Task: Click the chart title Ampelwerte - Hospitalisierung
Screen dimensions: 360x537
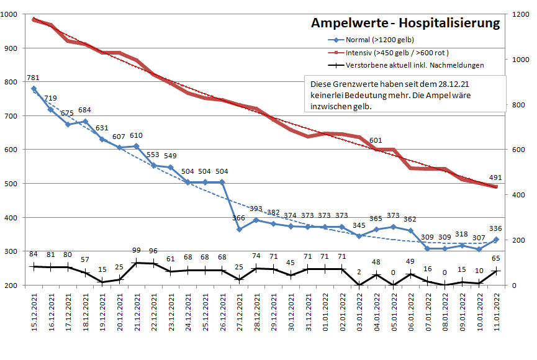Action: click(405, 24)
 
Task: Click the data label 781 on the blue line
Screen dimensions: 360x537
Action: click(34, 78)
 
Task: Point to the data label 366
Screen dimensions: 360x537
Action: click(239, 218)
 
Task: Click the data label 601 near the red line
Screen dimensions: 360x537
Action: click(376, 140)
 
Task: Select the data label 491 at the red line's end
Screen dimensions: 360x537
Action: click(495, 178)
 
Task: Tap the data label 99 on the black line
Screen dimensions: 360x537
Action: click(137, 250)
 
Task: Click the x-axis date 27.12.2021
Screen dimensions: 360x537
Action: click(240, 314)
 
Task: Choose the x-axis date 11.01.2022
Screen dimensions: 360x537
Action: click(496, 314)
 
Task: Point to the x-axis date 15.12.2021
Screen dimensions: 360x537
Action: click(34, 314)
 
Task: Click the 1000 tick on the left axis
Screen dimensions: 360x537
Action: click(14, 14)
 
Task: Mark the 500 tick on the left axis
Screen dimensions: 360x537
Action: click(16, 184)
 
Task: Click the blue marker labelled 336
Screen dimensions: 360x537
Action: click(495, 240)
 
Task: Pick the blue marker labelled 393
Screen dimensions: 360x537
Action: click(256, 220)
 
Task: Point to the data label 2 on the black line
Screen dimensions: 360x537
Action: click(359, 271)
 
